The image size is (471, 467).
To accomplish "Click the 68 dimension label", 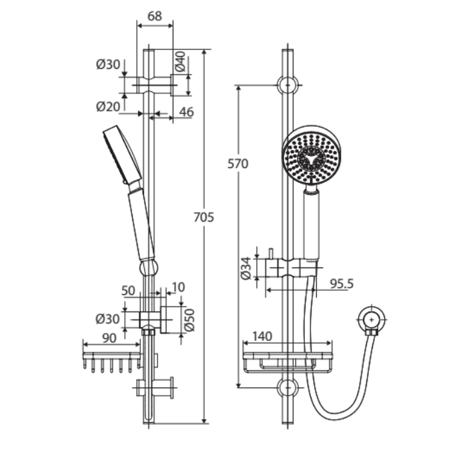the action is click(155, 16).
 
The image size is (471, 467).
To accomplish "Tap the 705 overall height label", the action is click(203, 217).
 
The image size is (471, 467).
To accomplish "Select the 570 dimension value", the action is click(238, 164).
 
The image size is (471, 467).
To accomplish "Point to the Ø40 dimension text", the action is click(181, 61).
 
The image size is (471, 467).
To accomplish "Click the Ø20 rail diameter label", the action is click(108, 106).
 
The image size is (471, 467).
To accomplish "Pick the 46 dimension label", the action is click(187, 112).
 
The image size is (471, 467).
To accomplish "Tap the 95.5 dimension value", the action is click(342, 284).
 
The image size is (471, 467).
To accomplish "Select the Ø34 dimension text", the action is click(246, 268).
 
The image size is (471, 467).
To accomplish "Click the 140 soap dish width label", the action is click(262, 336).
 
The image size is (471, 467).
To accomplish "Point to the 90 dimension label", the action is click(109, 338).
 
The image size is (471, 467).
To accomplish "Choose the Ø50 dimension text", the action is click(189, 320).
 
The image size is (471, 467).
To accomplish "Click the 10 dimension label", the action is click(178, 288).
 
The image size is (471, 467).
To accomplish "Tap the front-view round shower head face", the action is click(312, 155).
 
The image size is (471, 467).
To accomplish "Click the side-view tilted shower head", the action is click(123, 155).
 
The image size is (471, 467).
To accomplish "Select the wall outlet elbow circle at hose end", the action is click(372, 320).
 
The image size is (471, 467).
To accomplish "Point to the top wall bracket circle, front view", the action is click(288, 85).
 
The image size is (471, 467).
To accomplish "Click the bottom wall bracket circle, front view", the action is click(288, 388).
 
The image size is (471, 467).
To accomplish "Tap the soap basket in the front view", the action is click(288, 362).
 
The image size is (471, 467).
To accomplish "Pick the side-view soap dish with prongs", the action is click(111, 362).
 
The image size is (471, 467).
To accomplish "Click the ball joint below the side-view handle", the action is click(149, 268).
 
